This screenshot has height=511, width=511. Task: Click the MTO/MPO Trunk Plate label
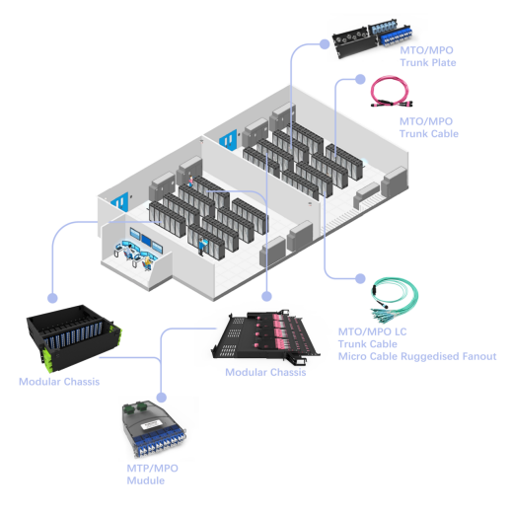(x=427, y=56)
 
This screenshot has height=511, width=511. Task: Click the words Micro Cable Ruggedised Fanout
(x=416, y=355)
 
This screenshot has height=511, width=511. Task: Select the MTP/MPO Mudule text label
(x=146, y=474)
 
